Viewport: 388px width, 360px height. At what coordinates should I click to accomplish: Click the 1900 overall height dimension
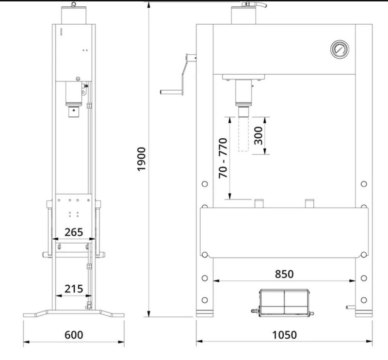[x=142, y=159]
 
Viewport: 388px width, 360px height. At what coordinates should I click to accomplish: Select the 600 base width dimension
[x=74, y=335]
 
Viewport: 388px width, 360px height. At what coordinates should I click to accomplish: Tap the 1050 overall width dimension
[x=284, y=335]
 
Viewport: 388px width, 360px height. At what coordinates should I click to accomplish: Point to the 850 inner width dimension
[x=284, y=274]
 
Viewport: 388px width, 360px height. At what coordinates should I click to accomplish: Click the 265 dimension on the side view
[x=74, y=232]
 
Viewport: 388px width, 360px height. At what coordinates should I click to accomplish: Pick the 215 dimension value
[x=74, y=289]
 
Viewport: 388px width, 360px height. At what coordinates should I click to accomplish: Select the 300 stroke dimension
[x=259, y=135]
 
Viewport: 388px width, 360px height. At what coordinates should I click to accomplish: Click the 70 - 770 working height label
[x=223, y=158]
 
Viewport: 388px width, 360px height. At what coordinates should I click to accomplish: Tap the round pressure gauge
[x=340, y=49]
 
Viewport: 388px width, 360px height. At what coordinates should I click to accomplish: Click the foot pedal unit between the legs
[x=283, y=303]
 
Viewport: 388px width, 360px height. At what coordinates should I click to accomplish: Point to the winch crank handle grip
[x=171, y=92]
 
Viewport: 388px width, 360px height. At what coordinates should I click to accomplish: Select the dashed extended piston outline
[x=243, y=134]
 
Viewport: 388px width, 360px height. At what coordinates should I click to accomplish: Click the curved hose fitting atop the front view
[x=254, y=4]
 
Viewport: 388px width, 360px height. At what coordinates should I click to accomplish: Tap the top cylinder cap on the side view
[x=74, y=15]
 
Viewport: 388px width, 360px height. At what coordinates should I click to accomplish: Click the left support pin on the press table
[x=259, y=203]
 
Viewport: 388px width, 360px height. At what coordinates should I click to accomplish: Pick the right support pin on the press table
[x=309, y=203]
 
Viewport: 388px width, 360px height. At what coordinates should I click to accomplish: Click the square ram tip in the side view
[x=74, y=112]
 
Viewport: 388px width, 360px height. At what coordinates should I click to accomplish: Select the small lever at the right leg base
[x=350, y=307]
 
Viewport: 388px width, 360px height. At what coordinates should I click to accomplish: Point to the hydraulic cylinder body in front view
[x=243, y=92]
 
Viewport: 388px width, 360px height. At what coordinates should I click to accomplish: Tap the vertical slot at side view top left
[x=61, y=32]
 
